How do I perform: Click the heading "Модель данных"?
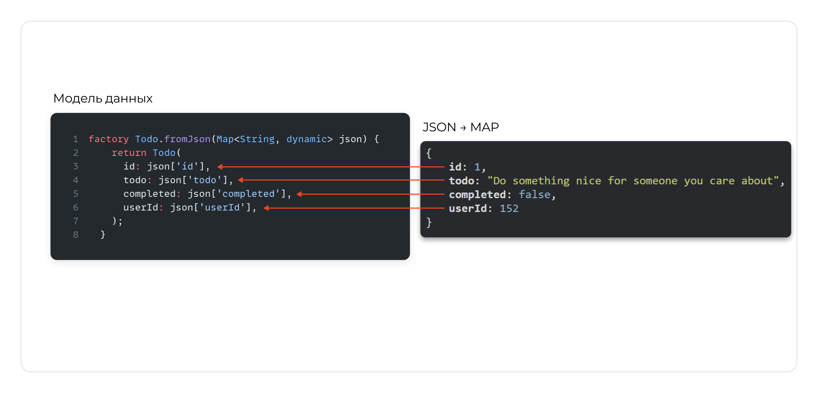(x=103, y=99)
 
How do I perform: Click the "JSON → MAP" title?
(x=460, y=127)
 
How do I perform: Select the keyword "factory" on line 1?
(x=109, y=139)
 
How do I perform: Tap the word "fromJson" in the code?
(x=187, y=139)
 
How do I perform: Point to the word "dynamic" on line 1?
(x=306, y=139)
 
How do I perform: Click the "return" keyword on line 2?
(x=129, y=153)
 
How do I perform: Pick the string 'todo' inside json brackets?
(x=205, y=180)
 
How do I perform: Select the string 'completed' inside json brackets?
(x=248, y=194)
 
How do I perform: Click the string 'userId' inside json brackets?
(x=222, y=208)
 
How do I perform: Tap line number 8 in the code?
(x=76, y=235)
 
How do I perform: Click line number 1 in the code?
(x=76, y=139)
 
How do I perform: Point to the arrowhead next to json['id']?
(x=220, y=167)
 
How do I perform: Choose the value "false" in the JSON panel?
(x=535, y=195)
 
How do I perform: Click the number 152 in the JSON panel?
(x=509, y=208)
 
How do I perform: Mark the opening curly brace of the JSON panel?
(x=429, y=153)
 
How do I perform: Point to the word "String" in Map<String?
(x=257, y=139)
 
